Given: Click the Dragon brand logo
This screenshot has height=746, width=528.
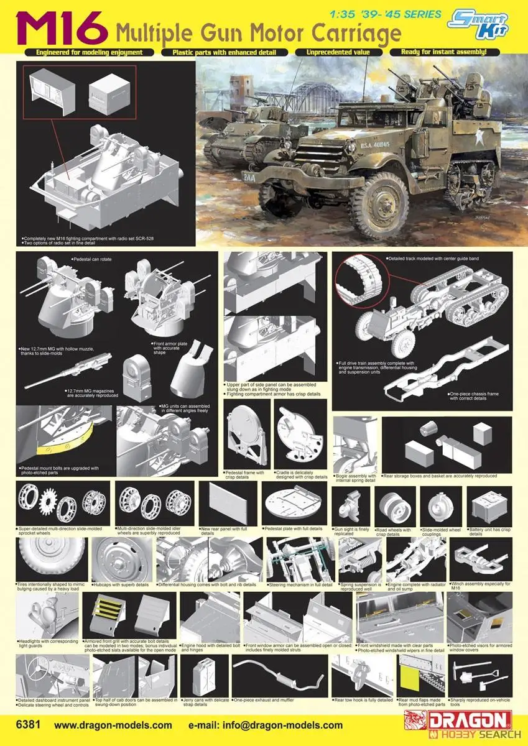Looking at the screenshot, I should coord(476,721).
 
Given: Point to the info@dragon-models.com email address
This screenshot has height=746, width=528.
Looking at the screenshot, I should coord(266,725).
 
